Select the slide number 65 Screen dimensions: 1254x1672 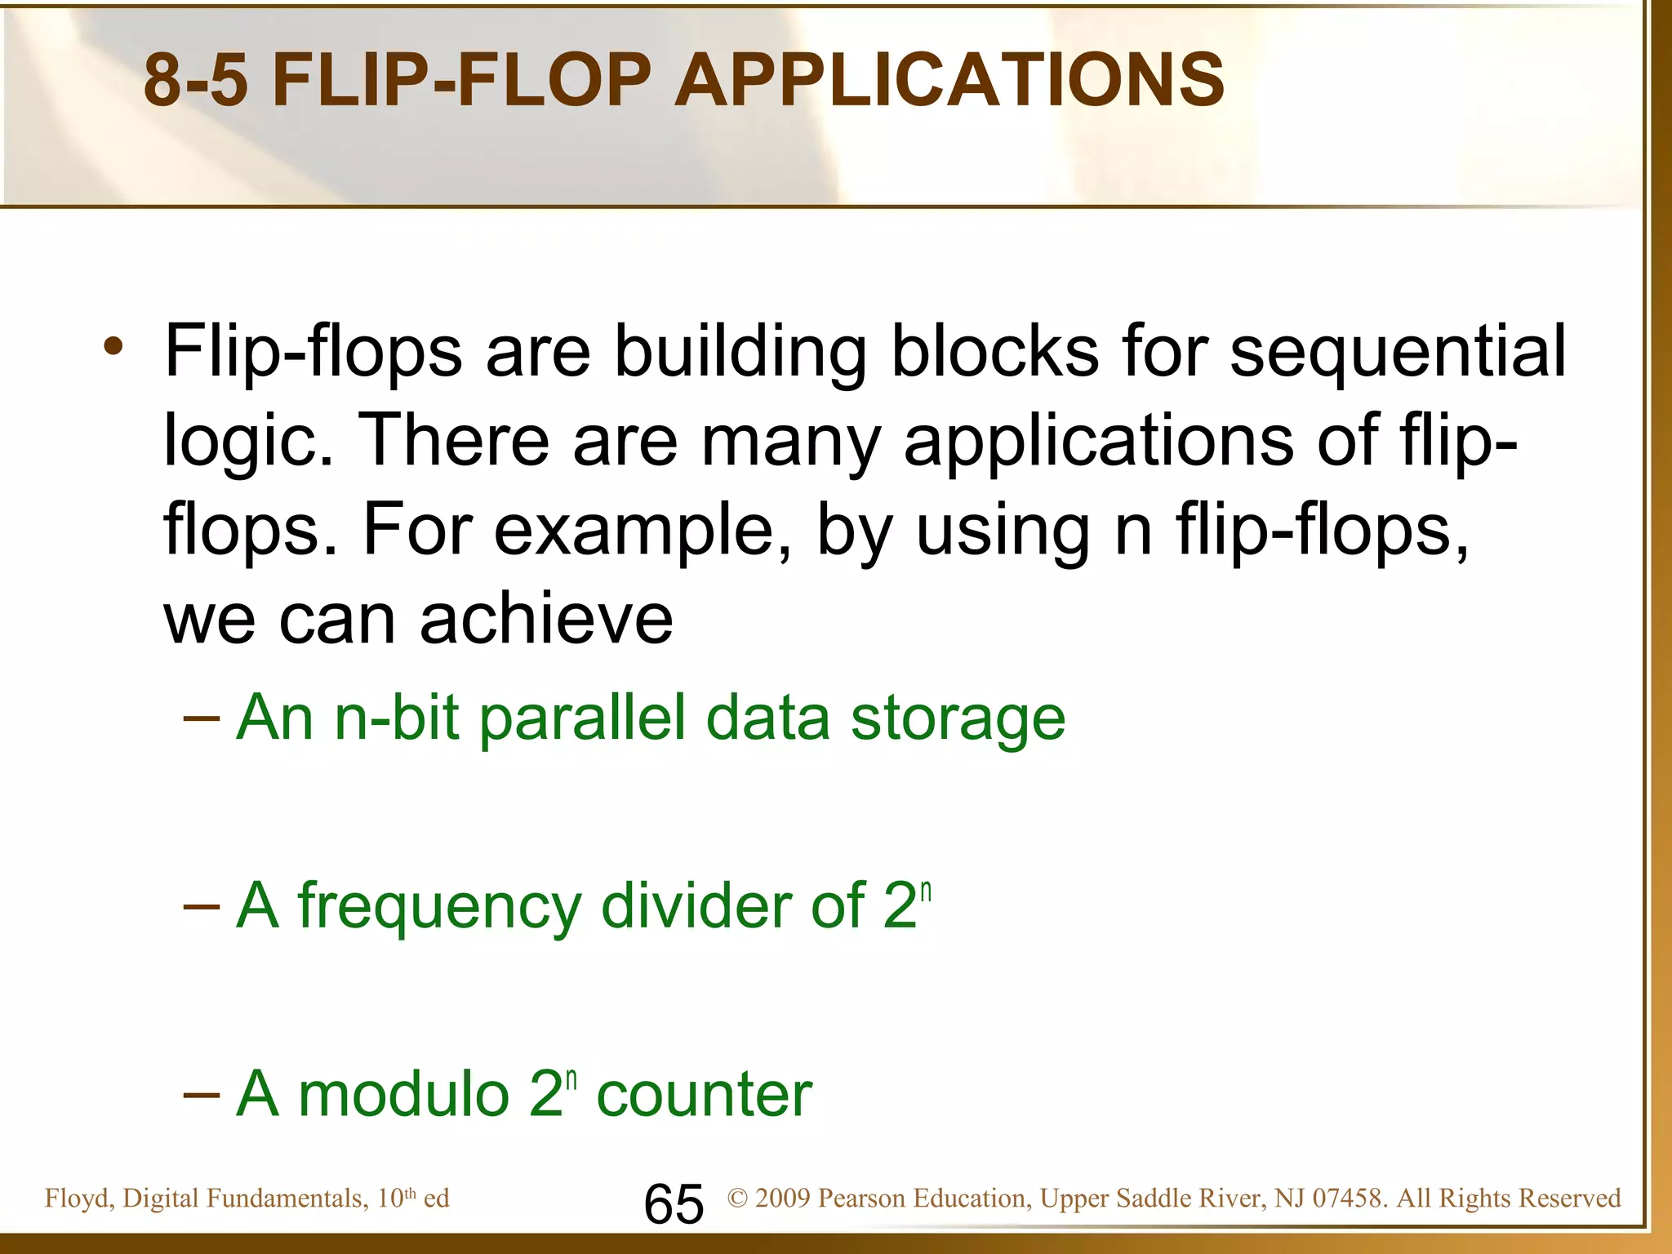pos(674,1204)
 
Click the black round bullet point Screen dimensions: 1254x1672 pos(113,347)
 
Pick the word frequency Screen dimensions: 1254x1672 pos(439,906)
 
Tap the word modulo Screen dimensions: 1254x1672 pos(404,1094)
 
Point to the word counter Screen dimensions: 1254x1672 pos(705,1094)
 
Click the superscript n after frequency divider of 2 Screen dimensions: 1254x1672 pos(926,890)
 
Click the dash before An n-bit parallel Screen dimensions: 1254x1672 pos(201,718)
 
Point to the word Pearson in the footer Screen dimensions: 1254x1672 pos(862,1198)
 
